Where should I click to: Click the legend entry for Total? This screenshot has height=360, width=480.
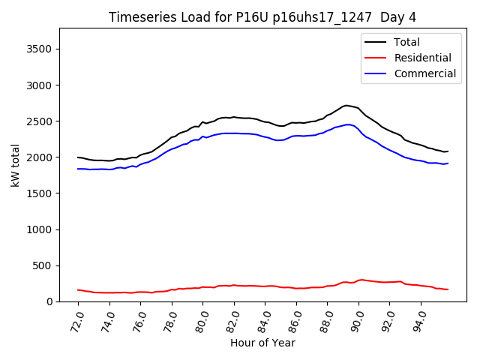407,42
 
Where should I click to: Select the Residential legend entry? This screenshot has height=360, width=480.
423,58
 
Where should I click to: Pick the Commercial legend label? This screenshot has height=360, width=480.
424,73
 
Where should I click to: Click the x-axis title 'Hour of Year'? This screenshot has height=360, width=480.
262,343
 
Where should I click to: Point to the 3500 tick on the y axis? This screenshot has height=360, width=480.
46,49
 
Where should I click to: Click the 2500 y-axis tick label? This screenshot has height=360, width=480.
46,121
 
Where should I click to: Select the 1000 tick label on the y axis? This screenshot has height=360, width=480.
46,229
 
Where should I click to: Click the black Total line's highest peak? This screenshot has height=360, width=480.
346,105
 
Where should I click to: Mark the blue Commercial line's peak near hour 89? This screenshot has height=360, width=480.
348,124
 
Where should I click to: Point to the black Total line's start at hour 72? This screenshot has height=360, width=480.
78,157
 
